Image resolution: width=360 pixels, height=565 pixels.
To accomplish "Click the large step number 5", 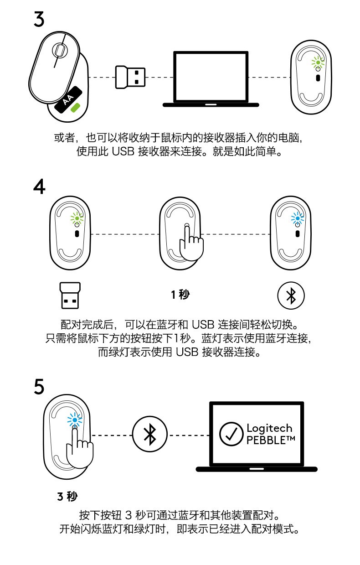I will [x=39, y=387].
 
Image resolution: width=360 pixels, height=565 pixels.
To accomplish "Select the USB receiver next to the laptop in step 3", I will [x=130, y=77].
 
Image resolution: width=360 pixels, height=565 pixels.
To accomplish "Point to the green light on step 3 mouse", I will [x=318, y=63].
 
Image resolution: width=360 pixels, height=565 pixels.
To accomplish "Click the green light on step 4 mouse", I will [x=77, y=219].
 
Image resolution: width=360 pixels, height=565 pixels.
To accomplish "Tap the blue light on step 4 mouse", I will [x=298, y=218].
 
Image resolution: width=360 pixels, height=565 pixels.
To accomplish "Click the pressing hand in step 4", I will [x=190, y=244].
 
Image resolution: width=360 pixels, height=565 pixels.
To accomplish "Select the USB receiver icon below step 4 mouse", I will [x=70, y=295].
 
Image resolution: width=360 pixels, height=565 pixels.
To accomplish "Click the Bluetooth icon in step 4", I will [x=291, y=295].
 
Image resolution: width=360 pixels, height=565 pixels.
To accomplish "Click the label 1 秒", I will [x=180, y=295].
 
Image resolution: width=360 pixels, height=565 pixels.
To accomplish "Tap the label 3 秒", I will [x=67, y=496].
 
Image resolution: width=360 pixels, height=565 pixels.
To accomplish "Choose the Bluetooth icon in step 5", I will [x=150, y=434].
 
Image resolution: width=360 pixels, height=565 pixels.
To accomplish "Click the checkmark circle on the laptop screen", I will [x=231, y=434].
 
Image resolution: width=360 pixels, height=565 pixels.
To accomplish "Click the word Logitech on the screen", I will [x=269, y=428].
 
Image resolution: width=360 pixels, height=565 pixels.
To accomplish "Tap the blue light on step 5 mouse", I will [x=74, y=420].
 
